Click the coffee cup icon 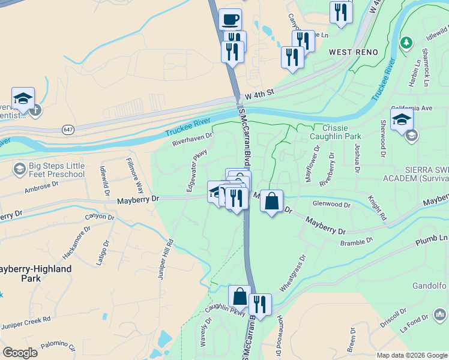[231, 19]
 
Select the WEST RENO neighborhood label [354, 52]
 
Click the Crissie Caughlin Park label [343, 132]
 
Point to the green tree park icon [406, 43]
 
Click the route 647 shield [67, 129]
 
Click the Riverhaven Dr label [193, 140]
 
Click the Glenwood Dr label [331, 205]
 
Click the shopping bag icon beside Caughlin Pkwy [240, 296]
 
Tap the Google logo [20, 353]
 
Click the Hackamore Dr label [76, 243]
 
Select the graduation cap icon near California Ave [402, 119]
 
